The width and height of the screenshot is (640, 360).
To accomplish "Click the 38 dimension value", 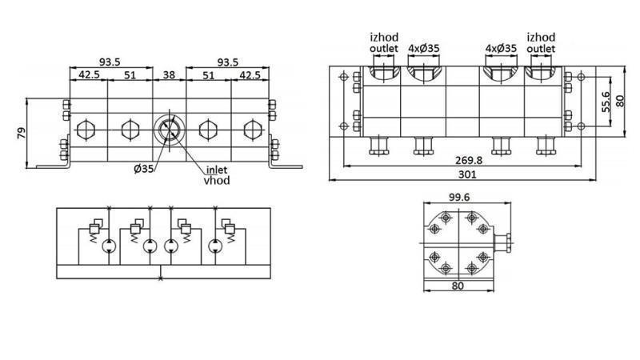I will pyautogui.click(x=169, y=77).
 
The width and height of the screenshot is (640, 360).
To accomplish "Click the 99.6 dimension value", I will pyautogui.click(x=458, y=197).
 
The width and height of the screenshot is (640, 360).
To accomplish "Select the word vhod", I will pyautogui.click(x=217, y=181).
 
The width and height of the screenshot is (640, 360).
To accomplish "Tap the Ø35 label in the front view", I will pyautogui.click(x=145, y=169).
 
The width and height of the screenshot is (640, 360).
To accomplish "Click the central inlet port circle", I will pyautogui.click(x=169, y=129).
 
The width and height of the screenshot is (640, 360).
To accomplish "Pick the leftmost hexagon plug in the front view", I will pyautogui.click(x=85, y=129).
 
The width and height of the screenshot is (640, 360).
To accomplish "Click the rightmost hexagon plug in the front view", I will pyautogui.click(x=253, y=129).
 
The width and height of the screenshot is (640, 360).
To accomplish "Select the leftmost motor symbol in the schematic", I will pyautogui.click(x=108, y=247).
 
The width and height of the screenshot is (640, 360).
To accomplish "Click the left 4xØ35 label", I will pyautogui.click(x=423, y=48).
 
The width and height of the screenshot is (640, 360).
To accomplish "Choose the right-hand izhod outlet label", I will pyautogui.click(x=542, y=42).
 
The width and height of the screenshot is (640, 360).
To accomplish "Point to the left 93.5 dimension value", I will pyautogui.click(x=110, y=62).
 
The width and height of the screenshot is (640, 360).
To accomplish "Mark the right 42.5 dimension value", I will pyautogui.click(x=249, y=77).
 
